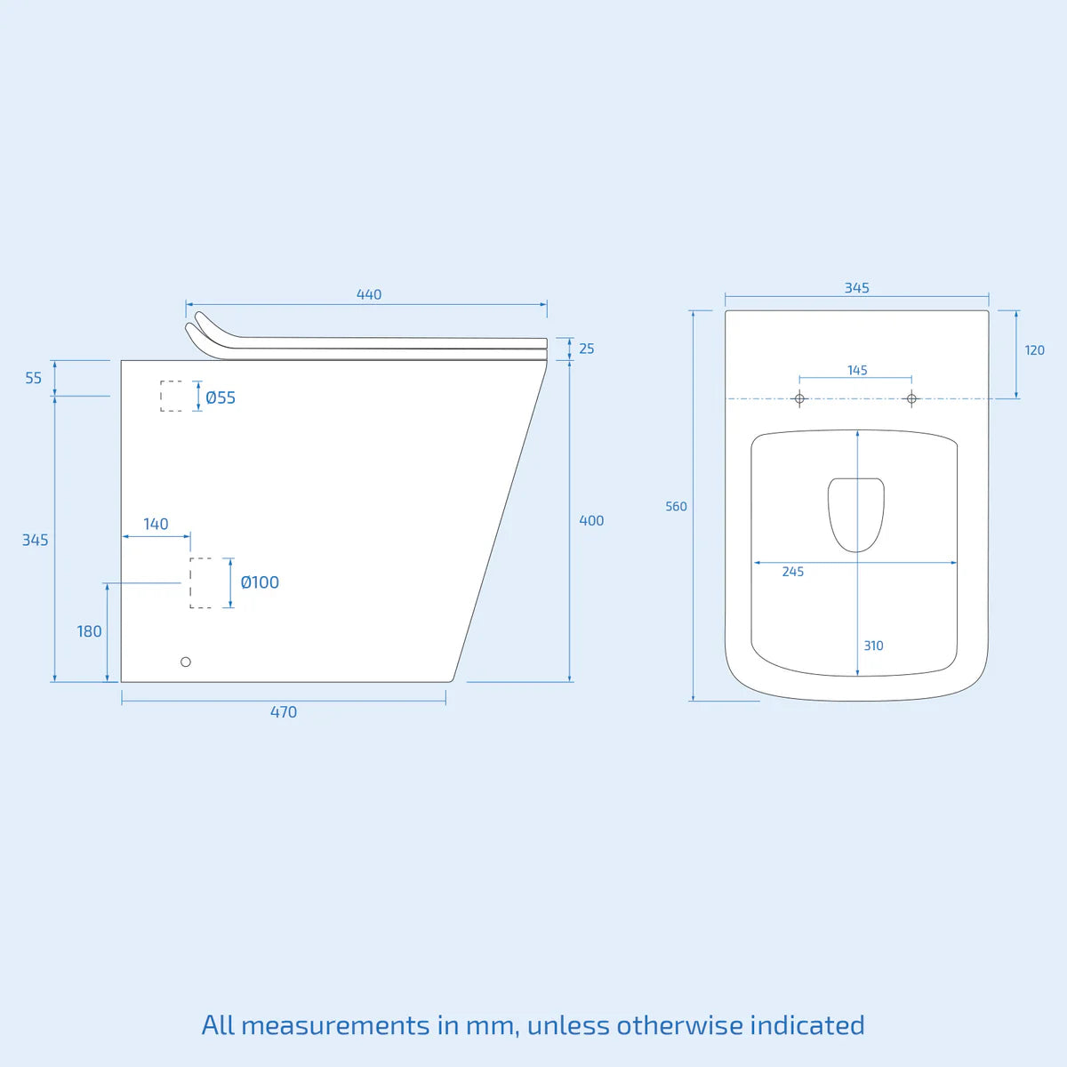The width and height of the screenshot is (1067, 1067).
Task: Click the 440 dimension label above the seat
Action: click(369, 294)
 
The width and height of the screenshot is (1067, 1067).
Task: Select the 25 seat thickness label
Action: click(587, 349)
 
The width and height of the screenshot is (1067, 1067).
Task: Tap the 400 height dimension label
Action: click(591, 521)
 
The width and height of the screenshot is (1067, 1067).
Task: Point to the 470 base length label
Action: click(284, 712)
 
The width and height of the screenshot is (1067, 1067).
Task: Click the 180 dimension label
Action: click(89, 631)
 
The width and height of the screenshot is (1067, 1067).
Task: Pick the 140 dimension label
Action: click(156, 525)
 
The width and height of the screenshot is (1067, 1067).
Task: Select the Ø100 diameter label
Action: click(260, 582)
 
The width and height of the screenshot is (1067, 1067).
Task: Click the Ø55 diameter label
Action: click(221, 397)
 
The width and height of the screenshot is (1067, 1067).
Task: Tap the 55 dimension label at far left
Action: click(33, 378)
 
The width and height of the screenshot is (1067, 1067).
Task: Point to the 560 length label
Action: click(676, 507)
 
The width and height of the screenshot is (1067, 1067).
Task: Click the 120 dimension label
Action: click(1035, 350)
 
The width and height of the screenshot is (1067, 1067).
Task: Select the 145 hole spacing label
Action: click(857, 371)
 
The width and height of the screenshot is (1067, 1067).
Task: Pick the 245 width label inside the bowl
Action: click(793, 572)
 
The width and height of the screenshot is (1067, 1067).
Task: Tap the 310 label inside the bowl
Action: click(873, 646)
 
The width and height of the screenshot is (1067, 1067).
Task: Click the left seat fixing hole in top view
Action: click(799, 398)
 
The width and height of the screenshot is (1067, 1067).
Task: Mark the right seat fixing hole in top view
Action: click(911, 398)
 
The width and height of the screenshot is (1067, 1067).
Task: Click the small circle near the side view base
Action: click(186, 662)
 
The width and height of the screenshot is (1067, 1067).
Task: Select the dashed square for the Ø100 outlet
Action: click(201, 583)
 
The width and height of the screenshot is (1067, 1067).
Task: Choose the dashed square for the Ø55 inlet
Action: click(172, 397)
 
